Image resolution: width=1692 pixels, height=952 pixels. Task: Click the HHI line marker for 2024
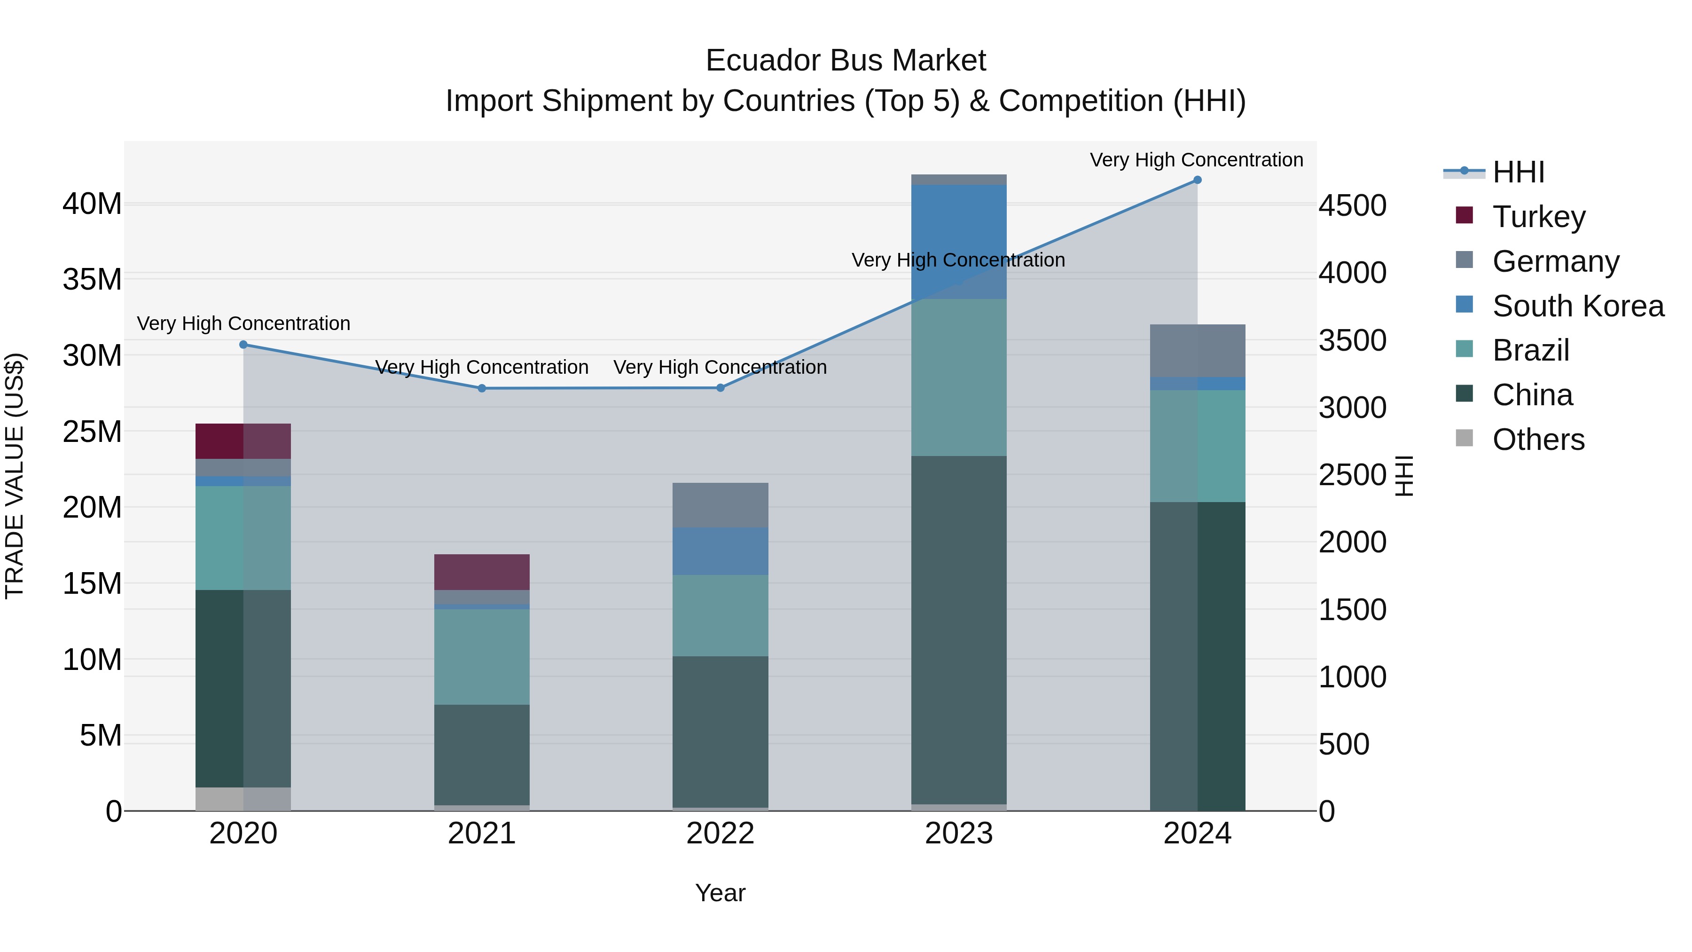point(1197,180)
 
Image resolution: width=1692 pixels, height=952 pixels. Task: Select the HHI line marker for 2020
point(243,344)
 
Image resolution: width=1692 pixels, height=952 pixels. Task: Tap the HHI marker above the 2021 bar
point(481,388)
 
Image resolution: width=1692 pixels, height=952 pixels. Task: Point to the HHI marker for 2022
point(720,388)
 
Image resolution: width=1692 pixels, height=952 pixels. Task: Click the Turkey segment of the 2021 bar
point(481,572)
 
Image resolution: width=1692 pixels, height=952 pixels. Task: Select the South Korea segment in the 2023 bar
point(958,241)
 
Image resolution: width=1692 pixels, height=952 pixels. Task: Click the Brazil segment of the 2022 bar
point(720,615)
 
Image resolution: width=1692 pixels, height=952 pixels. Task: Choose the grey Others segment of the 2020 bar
point(243,798)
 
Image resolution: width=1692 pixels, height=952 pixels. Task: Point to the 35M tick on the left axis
point(92,280)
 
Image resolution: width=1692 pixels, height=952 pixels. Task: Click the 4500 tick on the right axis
point(1352,205)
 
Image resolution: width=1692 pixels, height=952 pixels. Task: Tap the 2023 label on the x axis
point(958,834)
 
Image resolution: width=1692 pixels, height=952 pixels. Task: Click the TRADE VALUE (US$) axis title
point(15,476)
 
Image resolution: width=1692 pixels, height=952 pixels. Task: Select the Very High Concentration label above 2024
point(1196,160)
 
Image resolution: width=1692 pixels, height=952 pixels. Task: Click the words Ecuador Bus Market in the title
point(846,61)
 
